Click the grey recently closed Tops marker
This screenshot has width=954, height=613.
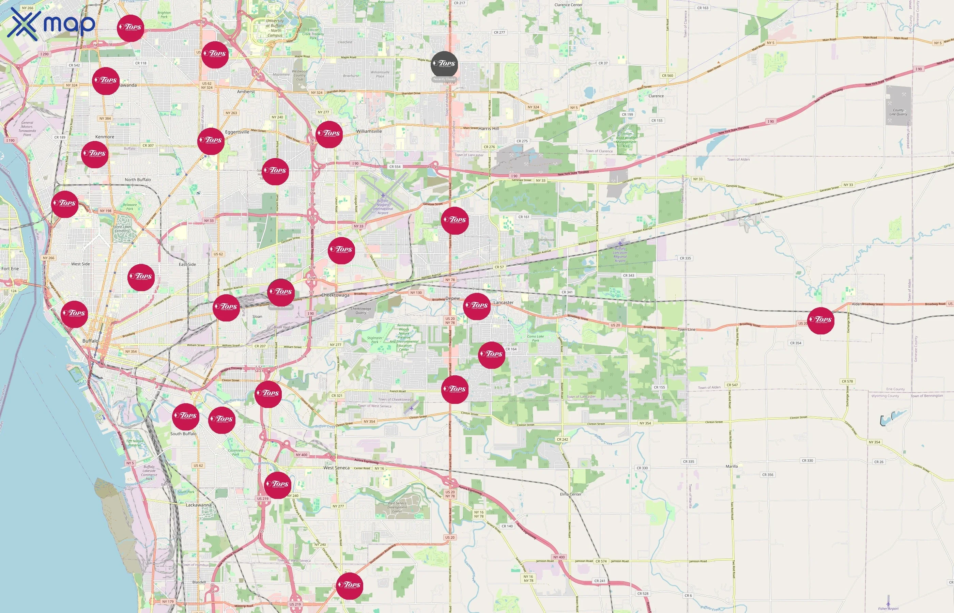pos(444,64)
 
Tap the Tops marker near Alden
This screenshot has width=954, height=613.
pos(821,320)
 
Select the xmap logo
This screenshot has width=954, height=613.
pos(51,24)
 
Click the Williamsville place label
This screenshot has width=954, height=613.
pos(369,131)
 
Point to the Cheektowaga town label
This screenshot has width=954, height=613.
pos(335,295)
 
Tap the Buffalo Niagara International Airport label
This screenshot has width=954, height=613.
pos(383,207)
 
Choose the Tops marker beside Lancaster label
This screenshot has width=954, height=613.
pos(477,306)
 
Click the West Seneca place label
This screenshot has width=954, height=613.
pos(336,468)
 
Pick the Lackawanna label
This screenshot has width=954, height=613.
pos(198,505)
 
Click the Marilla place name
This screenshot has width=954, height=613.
pos(732,466)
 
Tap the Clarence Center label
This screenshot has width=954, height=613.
pos(568,5)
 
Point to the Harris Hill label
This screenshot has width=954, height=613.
pos(488,129)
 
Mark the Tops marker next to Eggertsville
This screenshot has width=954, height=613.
pos(211,141)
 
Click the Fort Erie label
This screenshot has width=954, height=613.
pos(10,269)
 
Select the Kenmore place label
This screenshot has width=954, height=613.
pos(105,137)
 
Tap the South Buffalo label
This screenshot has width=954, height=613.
pos(183,434)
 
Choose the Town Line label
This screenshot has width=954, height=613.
pos(686,330)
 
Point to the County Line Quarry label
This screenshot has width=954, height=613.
pos(898,112)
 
